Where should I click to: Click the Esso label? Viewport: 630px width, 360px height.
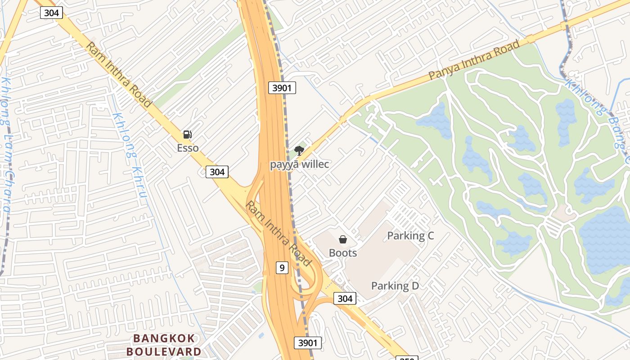pyautogui.click(x=188, y=148)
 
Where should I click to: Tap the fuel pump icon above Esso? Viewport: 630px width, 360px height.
pyautogui.click(x=187, y=134)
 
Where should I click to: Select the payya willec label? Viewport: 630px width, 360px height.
pyautogui.click(x=299, y=164)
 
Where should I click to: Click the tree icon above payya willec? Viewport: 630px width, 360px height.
pyautogui.click(x=299, y=151)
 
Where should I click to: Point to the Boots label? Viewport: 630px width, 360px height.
pyautogui.click(x=343, y=252)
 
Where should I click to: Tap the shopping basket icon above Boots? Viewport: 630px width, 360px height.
pyautogui.click(x=343, y=239)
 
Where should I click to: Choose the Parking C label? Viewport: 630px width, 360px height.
pyautogui.click(x=410, y=235)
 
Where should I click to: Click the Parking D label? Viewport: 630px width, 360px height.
pyautogui.click(x=395, y=285)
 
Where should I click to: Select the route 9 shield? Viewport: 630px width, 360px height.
pyautogui.click(x=282, y=268)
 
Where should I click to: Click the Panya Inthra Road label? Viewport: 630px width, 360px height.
pyautogui.click(x=474, y=60)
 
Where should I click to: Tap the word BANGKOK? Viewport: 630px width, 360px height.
pyautogui.click(x=164, y=338)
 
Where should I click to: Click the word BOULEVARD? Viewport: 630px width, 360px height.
pyautogui.click(x=164, y=351)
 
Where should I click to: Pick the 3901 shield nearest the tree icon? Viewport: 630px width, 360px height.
pyautogui.click(x=282, y=88)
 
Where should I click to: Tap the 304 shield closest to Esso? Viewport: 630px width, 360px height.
pyautogui.click(x=217, y=171)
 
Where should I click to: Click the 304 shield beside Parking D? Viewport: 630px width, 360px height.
pyautogui.click(x=345, y=298)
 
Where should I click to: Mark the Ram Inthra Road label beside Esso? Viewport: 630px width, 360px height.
pyautogui.click(x=118, y=75)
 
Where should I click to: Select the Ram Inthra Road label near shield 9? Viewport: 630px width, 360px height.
pyautogui.click(x=278, y=234)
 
